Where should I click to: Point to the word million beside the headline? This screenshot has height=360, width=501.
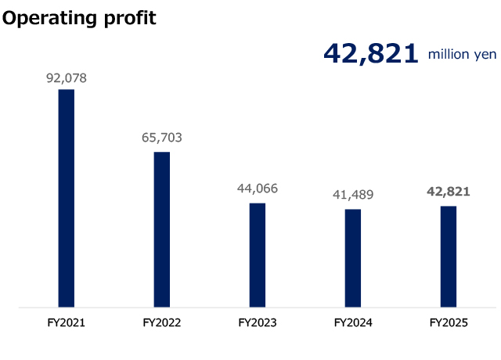(x=447, y=54)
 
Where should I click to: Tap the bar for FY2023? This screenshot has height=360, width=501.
(x=258, y=255)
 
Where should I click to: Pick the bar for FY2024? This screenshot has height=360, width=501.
(x=353, y=258)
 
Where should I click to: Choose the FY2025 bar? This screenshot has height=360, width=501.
(x=449, y=257)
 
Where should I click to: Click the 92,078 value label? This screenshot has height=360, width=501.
(x=67, y=77)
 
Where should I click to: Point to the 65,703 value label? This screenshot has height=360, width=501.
(x=162, y=138)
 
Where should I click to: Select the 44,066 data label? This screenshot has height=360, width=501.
(x=258, y=189)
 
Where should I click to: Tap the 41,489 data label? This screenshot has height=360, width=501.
(x=353, y=195)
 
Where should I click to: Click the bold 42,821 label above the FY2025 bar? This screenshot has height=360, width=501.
(x=449, y=191)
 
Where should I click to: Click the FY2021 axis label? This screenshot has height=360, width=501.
(x=67, y=322)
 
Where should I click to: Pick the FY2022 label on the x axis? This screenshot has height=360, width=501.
(x=162, y=322)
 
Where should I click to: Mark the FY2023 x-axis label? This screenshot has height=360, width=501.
(x=258, y=322)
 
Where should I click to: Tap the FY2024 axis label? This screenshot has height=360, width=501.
(x=353, y=322)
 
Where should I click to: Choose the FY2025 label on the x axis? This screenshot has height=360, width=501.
(x=449, y=322)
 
